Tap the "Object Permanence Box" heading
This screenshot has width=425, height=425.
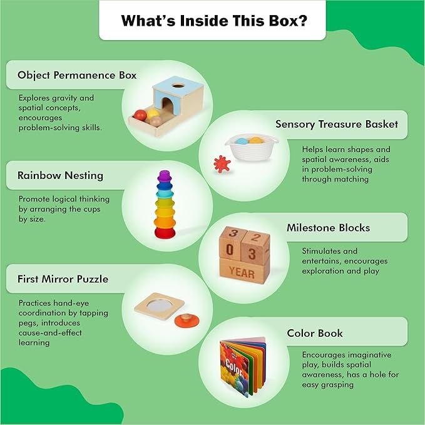pyautogui.click(x=77, y=75)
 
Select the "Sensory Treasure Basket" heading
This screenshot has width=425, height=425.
pyautogui.click(x=337, y=124)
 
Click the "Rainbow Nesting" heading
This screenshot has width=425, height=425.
pyautogui.click(x=60, y=176)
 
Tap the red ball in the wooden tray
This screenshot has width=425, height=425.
pyautogui.click(x=140, y=115)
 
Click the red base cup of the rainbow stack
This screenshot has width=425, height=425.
pyautogui.click(x=165, y=233)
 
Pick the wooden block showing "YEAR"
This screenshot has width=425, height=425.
pyautogui.click(x=242, y=273)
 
